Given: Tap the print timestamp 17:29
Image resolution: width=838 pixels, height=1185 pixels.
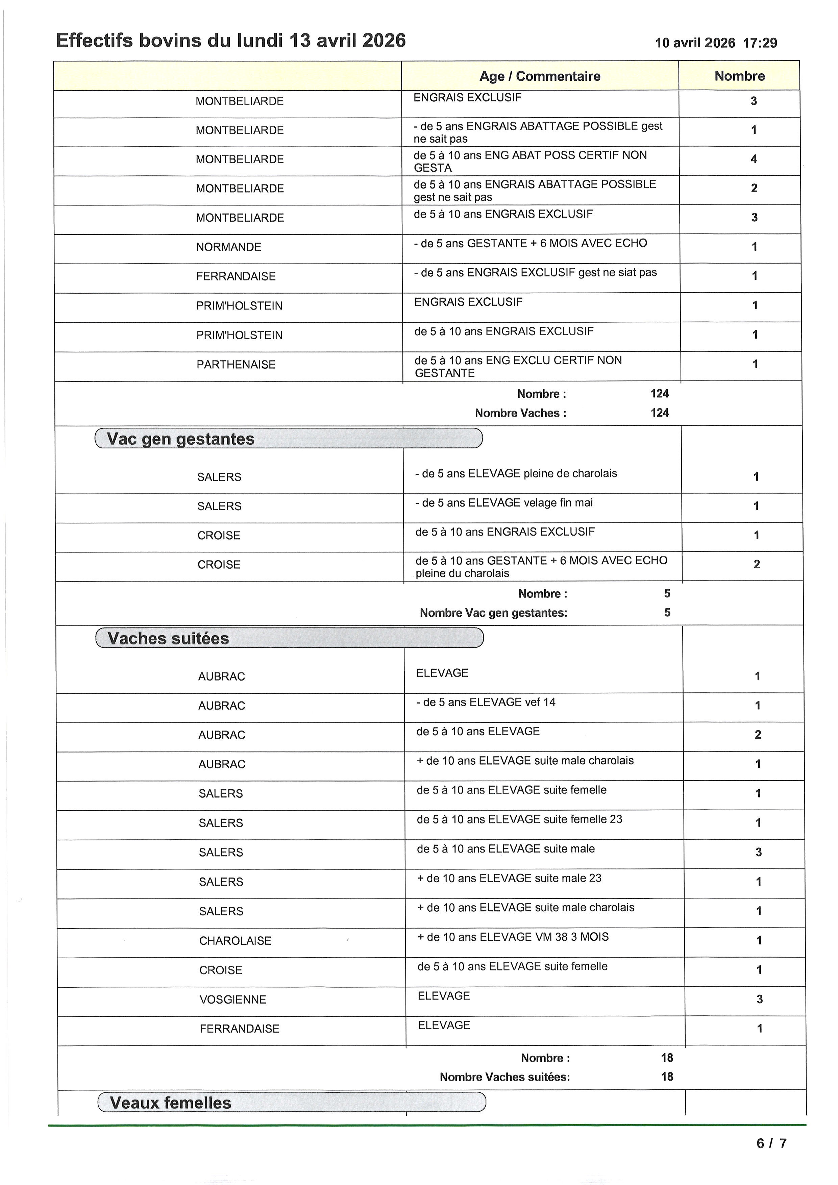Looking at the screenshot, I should click(760, 43).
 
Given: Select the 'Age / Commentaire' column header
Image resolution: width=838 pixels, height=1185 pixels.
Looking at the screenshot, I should click(540, 76).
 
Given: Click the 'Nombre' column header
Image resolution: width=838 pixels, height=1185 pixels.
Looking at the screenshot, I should click(739, 76).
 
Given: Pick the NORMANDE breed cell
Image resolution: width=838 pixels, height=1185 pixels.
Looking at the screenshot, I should click(229, 247).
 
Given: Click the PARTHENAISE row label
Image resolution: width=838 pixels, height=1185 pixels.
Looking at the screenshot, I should click(236, 365).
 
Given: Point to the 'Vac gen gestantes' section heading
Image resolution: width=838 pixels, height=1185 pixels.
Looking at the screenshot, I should click(180, 439).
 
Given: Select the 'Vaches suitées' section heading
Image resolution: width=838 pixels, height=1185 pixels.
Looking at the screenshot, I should click(168, 638).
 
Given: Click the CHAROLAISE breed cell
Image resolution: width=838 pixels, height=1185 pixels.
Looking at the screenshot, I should click(235, 941).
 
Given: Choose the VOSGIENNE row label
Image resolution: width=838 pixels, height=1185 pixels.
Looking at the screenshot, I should click(233, 1000).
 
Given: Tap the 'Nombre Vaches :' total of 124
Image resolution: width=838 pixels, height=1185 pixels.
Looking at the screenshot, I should click(660, 413).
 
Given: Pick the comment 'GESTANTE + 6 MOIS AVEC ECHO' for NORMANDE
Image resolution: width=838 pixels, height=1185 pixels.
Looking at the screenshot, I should click(531, 243).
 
